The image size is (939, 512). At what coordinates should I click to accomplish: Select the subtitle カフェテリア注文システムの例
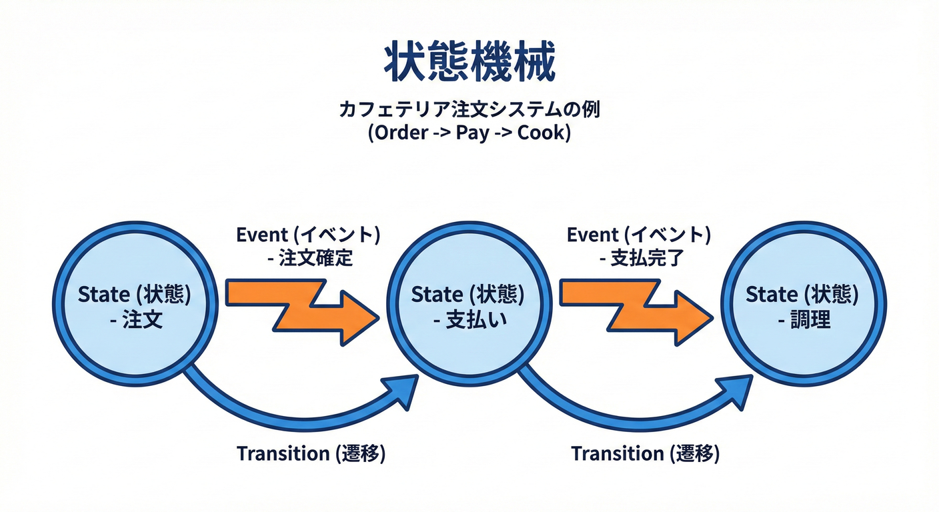point(469,109)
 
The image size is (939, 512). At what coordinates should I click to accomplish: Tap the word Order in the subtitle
point(400,132)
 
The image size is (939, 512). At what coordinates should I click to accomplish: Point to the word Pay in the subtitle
point(472,132)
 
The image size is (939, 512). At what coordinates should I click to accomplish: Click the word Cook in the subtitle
point(542,132)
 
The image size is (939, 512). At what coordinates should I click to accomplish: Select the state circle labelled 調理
point(804,304)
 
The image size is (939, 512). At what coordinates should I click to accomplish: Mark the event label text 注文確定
point(315,259)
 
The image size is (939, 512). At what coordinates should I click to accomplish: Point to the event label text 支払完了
point(646,259)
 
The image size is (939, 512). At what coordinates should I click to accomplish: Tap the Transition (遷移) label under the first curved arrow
point(311,454)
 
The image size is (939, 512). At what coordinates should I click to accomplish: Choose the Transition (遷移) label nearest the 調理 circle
point(645,454)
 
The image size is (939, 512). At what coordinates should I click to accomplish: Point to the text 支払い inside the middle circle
point(476,321)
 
